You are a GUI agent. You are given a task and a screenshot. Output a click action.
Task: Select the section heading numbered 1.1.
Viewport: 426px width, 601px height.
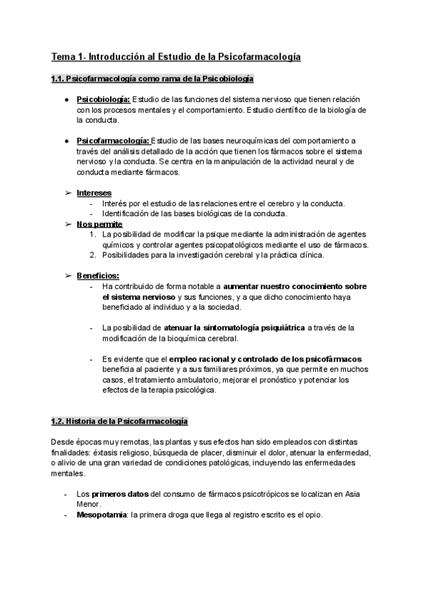point(153,79)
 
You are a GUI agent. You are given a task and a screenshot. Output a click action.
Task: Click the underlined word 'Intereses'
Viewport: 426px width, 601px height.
point(94,193)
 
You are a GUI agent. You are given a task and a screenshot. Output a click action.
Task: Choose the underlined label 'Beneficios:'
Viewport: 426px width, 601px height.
point(98,276)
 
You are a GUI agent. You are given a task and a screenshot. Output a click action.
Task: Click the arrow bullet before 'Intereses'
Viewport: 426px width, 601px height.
point(68,193)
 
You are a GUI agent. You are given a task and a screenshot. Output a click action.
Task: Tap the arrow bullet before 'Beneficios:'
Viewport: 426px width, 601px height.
point(68,276)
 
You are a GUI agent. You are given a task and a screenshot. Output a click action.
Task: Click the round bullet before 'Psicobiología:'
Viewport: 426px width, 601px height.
point(66,100)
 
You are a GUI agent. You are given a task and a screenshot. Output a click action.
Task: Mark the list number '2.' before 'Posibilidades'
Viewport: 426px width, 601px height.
point(93,255)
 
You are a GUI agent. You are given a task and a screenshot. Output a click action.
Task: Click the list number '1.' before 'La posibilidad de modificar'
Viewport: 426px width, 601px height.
point(93,235)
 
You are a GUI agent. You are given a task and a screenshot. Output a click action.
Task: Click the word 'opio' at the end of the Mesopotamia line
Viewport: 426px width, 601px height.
point(313,515)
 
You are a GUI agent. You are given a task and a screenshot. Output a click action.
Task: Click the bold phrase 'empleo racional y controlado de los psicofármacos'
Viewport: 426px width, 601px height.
point(266,359)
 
